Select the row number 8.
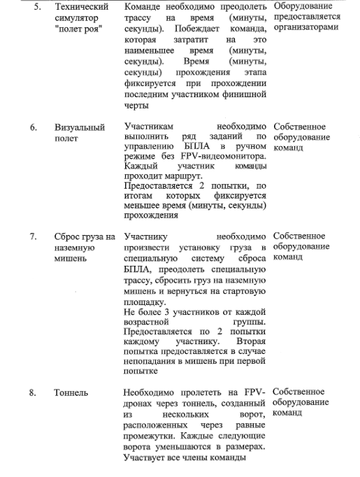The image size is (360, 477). point(33,393)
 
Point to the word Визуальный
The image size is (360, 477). point(79,128)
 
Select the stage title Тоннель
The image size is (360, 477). point(71,393)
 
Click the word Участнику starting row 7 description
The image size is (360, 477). point(145,236)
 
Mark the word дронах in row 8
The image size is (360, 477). point(138,404)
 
